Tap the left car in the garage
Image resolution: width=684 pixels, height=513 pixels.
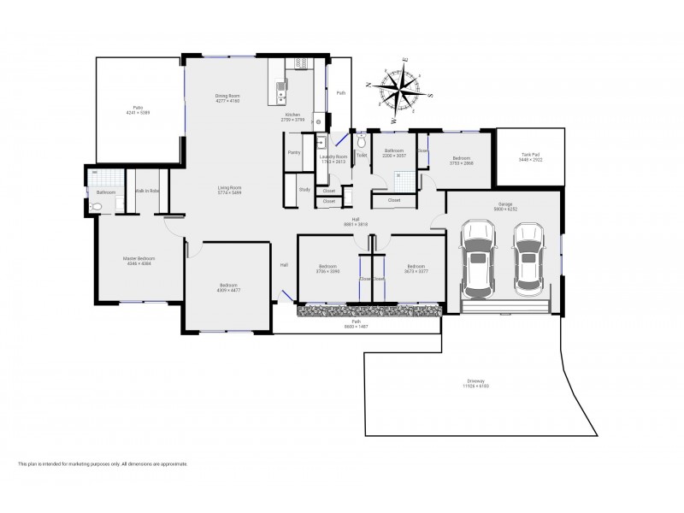[x=477, y=258]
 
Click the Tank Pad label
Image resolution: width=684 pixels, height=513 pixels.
[x=529, y=155]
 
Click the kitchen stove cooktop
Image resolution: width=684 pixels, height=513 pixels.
[x=300, y=63]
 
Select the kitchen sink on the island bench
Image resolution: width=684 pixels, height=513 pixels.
[x=280, y=86]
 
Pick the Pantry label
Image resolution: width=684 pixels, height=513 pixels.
[x=294, y=151]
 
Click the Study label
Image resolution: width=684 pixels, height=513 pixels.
[x=304, y=189]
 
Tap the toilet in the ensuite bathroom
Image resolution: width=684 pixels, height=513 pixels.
[x=96, y=205]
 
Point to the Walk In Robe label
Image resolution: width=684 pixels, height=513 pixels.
[x=147, y=191]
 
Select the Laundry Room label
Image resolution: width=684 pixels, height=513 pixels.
[x=333, y=156]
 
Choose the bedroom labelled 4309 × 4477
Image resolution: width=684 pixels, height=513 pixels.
[x=227, y=287]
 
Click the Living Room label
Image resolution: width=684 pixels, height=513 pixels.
[x=228, y=187]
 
